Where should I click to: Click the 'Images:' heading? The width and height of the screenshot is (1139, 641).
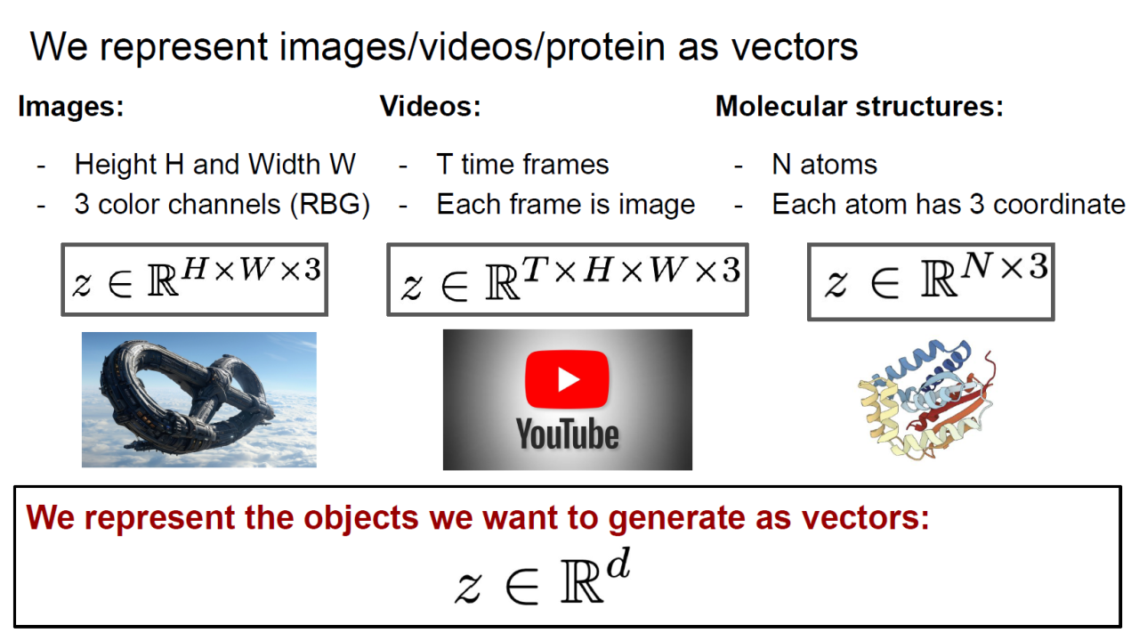pos(71,107)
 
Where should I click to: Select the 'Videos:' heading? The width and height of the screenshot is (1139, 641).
pos(430,107)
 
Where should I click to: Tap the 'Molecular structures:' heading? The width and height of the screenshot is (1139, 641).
pos(860,107)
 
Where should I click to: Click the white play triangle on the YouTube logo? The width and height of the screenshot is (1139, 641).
pos(569,379)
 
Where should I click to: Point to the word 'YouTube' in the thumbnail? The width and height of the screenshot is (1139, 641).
pos(568,434)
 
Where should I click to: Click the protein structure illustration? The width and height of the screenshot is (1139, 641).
pos(926,400)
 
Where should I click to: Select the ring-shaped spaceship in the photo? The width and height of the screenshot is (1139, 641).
pos(188,397)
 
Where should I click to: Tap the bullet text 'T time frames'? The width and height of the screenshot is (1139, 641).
pos(522,165)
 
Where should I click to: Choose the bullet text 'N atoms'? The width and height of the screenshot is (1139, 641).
pos(824,165)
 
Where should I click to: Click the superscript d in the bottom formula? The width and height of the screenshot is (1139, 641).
pos(618,564)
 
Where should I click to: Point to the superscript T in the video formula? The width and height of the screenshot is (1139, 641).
pos(535,269)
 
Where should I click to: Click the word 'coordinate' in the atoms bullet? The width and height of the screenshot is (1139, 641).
pos(1059,205)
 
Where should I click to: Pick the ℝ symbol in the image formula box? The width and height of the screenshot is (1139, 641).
pos(163,280)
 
